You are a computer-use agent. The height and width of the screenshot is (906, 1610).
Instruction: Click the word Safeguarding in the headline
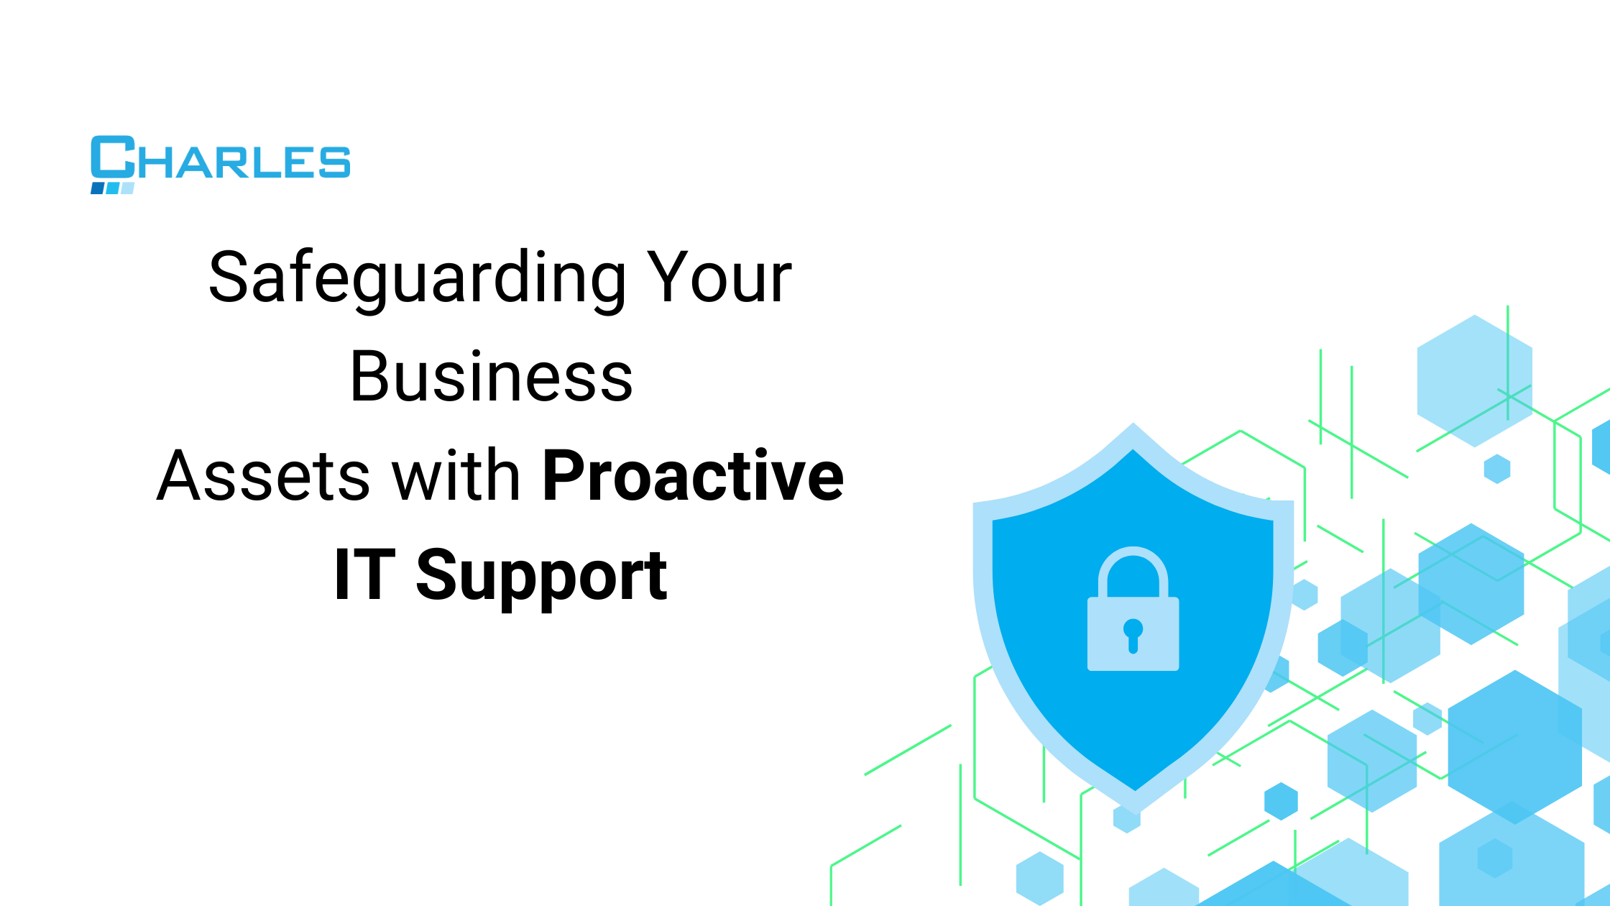[x=417, y=279]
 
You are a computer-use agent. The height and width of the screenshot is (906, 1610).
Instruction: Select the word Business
[x=491, y=377]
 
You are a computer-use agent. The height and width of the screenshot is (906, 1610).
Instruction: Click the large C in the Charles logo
[x=112, y=157]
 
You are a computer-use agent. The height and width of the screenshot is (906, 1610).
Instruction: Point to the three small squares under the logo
[x=112, y=188]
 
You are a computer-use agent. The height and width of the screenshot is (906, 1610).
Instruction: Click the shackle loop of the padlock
[x=1133, y=568]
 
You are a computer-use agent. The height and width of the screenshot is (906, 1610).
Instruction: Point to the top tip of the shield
[x=1133, y=426]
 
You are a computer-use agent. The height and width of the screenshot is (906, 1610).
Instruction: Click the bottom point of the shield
[x=1135, y=805]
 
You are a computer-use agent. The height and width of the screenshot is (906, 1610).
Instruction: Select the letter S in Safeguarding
[x=228, y=278]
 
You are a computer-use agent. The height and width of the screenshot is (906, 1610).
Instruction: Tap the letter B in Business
[x=370, y=377]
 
